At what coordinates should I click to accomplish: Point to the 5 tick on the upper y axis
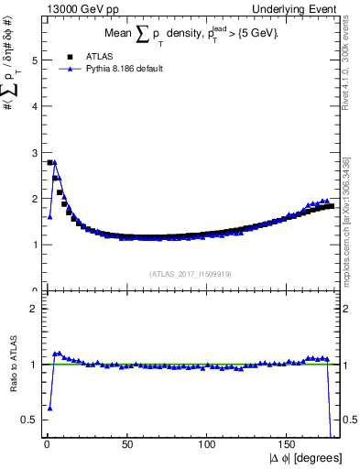tap(35, 60)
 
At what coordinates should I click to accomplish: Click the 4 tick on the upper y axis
tap(35, 106)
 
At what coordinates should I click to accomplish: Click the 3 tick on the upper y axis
tap(35, 152)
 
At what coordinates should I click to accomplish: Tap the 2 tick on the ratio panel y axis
tap(35, 309)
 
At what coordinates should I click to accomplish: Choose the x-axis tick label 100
tap(209, 444)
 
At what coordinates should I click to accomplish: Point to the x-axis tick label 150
tap(289, 444)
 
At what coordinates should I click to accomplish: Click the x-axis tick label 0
tap(46, 444)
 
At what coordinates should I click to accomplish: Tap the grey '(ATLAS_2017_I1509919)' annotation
tap(191, 273)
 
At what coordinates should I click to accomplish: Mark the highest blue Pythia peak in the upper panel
tap(54, 162)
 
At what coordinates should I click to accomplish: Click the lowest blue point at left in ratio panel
tap(49, 408)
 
